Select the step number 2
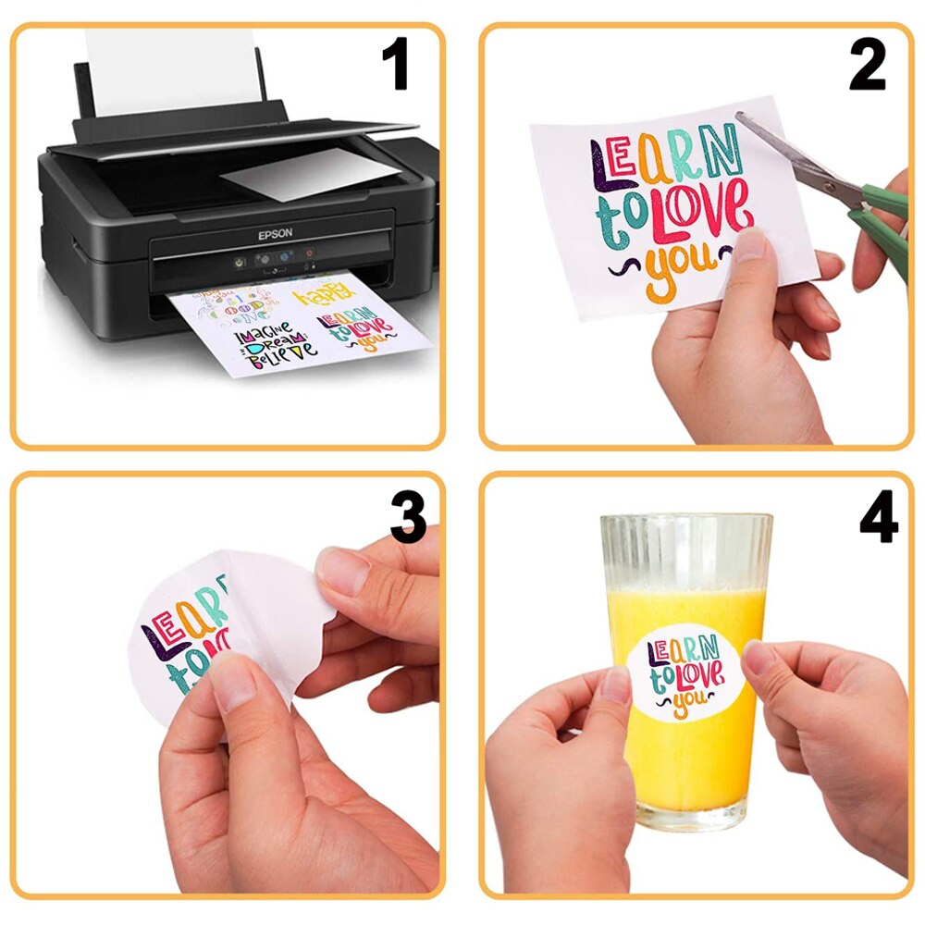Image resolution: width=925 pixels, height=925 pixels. click(x=867, y=66)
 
